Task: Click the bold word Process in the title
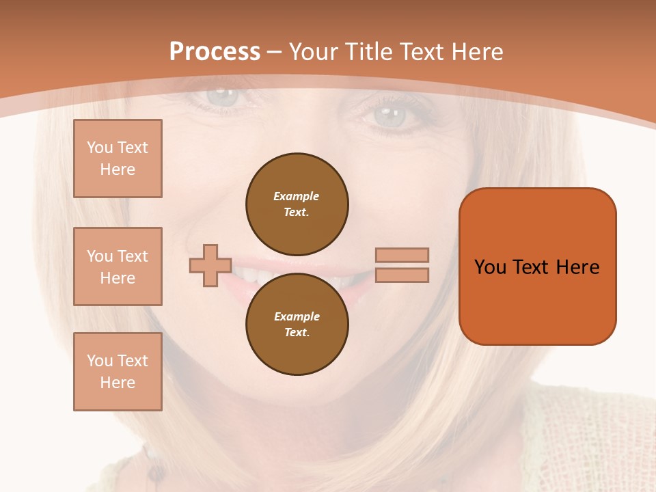(x=215, y=51)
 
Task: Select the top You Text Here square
(x=118, y=159)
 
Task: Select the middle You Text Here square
(x=118, y=266)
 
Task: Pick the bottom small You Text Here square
(x=118, y=372)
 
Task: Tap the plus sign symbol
(x=210, y=265)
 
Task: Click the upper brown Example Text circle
(x=297, y=204)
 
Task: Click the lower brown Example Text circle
(x=297, y=324)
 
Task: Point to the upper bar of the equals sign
(x=402, y=255)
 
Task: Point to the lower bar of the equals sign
(x=402, y=275)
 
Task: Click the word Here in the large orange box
(x=577, y=266)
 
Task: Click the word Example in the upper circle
(x=297, y=196)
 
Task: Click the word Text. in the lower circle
(x=297, y=332)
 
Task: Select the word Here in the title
(x=480, y=51)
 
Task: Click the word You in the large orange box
(x=490, y=266)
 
